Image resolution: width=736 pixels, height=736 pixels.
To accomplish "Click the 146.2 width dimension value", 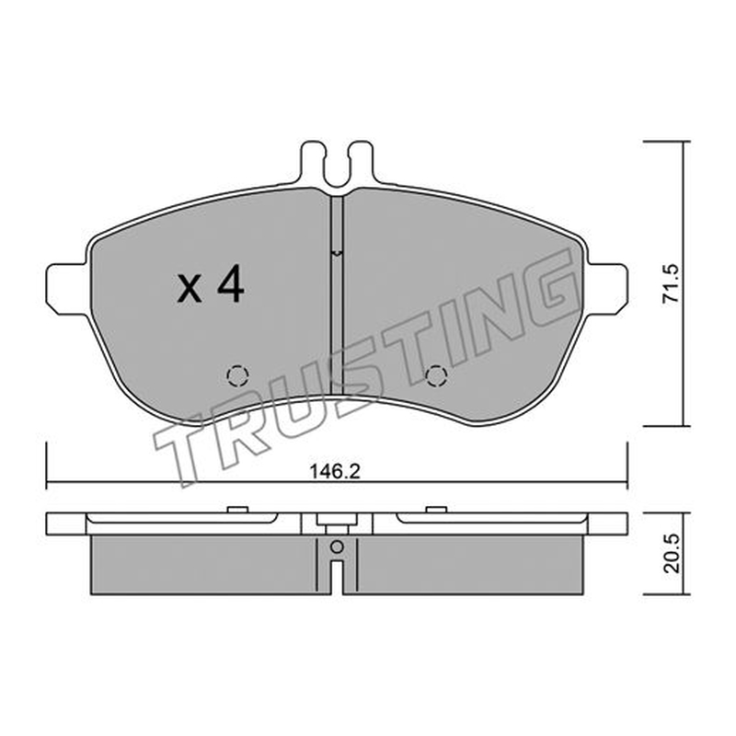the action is click(335, 472).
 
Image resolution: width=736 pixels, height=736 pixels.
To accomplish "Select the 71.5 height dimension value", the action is click(671, 283).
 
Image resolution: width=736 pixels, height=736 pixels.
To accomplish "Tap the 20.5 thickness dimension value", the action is click(672, 554).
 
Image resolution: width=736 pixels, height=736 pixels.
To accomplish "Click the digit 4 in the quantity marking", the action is click(230, 283).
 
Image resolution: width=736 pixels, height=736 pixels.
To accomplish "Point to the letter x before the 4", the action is click(190, 288).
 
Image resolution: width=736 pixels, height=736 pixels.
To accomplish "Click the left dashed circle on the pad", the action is click(237, 375).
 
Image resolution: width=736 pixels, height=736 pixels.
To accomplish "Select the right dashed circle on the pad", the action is click(435, 375).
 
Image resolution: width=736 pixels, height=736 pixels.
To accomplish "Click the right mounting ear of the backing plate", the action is click(607, 289).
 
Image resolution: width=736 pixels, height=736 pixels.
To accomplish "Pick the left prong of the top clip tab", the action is click(312, 162).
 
